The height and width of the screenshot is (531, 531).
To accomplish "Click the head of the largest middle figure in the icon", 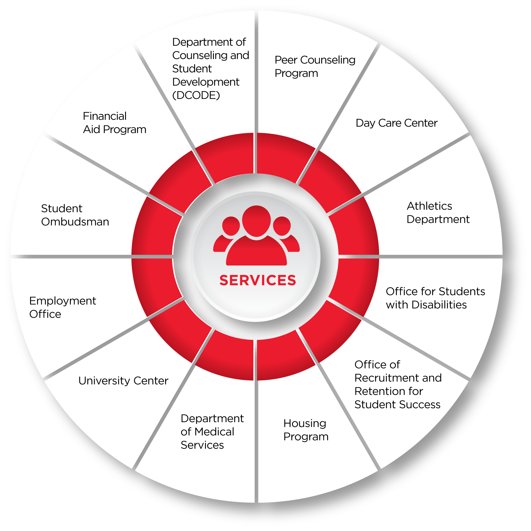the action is coord(256,221).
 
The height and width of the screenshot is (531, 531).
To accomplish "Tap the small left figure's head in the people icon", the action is coord(231,226).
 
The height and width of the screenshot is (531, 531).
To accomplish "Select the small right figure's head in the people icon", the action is coord(282,226).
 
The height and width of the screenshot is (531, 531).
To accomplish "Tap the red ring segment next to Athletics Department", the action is coord(355,229).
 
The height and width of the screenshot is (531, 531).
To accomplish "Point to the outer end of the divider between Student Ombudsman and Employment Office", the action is coord(11,257).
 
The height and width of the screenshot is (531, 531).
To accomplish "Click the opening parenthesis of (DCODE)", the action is coord(174,95).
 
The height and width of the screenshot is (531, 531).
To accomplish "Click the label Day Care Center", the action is coord(396,123).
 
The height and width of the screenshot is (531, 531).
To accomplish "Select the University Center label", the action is coord(123,381).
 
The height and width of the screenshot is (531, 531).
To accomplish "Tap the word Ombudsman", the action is coord(75,222).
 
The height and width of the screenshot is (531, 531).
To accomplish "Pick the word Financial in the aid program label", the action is coord(105,116).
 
